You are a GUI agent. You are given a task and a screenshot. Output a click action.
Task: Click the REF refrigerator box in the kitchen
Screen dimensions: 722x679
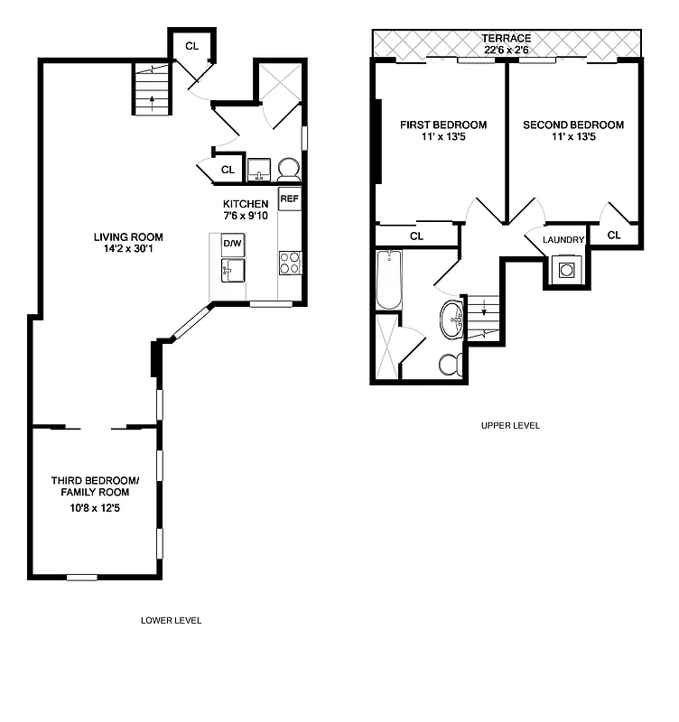pos(289,199)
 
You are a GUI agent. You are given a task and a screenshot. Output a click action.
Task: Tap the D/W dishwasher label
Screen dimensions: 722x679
pos(232,245)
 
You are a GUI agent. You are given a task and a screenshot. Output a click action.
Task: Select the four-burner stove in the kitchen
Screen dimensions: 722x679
pos(289,263)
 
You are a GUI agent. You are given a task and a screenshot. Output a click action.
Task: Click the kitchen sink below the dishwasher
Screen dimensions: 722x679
pos(233,269)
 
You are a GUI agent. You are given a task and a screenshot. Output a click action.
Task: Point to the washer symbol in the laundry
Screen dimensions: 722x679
pos(566,269)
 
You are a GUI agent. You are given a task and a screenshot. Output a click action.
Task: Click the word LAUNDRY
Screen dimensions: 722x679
pos(563,240)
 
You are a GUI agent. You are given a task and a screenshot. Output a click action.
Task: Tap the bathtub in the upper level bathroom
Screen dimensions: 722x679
pos(388,280)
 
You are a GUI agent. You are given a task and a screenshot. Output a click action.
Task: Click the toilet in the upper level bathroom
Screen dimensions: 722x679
pos(451,365)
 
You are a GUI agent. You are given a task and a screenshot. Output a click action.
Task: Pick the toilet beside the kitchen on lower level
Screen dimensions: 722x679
pos(288,170)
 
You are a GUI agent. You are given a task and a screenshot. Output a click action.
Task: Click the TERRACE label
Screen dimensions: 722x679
pos(506,39)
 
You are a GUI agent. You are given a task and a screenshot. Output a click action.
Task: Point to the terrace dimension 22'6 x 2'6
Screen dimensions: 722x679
pos(506,51)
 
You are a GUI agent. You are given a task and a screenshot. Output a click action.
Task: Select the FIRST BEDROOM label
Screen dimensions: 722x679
pos(443,125)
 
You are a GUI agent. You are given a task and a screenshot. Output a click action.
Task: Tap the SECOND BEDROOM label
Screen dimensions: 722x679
pos(572,125)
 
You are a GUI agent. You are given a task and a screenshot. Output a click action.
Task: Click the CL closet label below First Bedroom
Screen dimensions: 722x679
pos(416,236)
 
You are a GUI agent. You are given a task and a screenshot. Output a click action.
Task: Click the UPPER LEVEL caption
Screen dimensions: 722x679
pos(511,425)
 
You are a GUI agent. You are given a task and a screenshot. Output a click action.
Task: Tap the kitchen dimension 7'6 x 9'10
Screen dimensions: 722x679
pos(246,217)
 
